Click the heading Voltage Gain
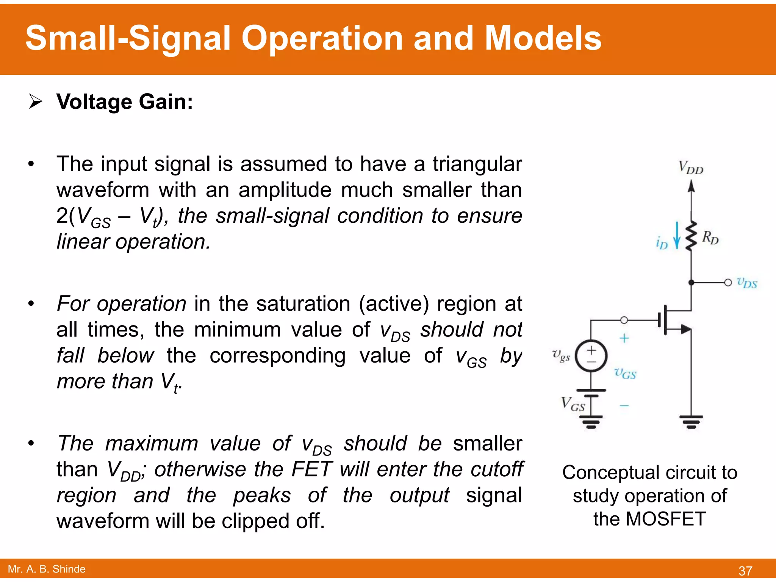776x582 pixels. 125,102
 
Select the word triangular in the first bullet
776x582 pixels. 477,164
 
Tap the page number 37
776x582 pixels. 745,571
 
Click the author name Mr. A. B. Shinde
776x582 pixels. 47,569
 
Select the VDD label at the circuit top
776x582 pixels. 690,167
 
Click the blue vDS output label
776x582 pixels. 746,283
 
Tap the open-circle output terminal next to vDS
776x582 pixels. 728,283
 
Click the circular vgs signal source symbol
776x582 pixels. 591,356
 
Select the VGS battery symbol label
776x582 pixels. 573,404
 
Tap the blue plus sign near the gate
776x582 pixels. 624,338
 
